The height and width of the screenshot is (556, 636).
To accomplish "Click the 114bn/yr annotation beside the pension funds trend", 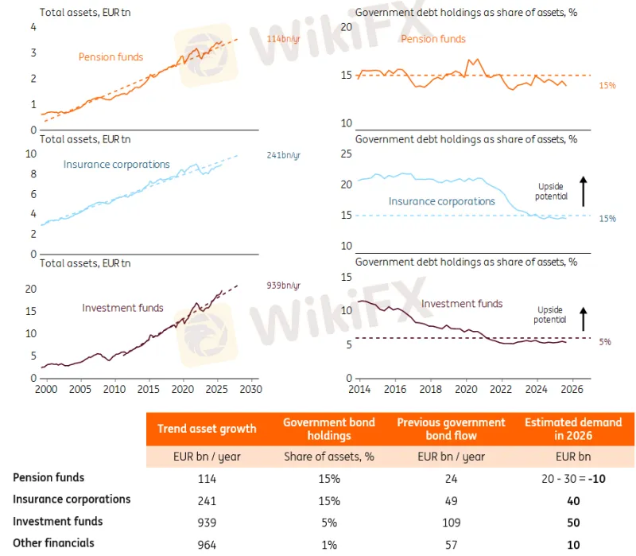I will pos(283,38).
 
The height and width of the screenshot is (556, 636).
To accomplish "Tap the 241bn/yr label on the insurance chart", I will pos(283,155).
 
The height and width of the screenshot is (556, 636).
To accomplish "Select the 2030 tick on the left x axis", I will pos(251,390).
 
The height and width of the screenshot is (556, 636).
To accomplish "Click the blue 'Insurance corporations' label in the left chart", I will pos(116,165).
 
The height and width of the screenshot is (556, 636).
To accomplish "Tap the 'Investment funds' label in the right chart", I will pos(461,303).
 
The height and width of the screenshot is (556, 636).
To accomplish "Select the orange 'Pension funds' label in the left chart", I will pos(111,56).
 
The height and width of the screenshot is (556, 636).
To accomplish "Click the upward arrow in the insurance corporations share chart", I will pos(584,191).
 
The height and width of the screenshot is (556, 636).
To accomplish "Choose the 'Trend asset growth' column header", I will pos(207,429).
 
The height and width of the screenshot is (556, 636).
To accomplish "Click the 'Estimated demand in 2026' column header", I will pos(573,429).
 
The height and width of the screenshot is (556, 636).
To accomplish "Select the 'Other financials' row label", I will pos(53,542).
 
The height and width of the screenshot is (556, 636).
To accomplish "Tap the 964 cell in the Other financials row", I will pos(207,544).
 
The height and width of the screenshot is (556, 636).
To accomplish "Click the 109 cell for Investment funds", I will pos(451,523).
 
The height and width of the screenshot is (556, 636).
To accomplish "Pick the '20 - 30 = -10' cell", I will pos(573,479).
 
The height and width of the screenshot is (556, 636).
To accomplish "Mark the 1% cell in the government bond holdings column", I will pos(328,544).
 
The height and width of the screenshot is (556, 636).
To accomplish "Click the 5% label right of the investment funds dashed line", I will pos(605,342).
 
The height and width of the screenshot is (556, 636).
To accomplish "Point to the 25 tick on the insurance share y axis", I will pos(345,154).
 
